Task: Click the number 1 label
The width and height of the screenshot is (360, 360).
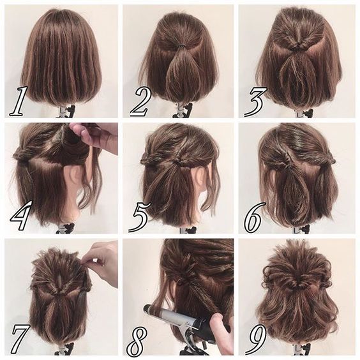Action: point(19,100)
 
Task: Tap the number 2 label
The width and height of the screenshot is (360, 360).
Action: point(139,100)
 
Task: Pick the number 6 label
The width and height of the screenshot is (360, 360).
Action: point(254,218)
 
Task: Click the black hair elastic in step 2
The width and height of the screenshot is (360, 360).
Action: point(181,46)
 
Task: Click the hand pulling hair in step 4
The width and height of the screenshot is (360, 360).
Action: point(96,135)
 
